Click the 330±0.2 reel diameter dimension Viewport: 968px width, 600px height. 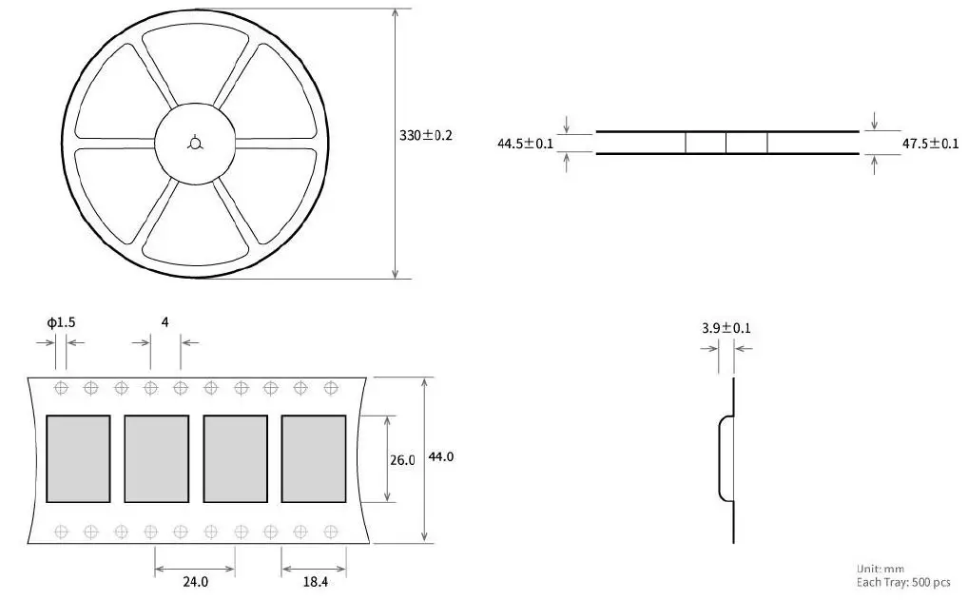425,135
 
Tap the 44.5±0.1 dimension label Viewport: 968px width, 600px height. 525,144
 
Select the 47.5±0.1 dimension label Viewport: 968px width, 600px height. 930,144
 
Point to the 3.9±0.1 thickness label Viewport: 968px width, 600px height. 726,328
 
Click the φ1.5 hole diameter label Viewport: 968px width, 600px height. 61,322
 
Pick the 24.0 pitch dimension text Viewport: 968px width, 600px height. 195,582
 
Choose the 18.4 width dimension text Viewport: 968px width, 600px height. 315,582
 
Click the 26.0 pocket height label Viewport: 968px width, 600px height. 402,460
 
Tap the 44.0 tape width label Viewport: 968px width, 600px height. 441,456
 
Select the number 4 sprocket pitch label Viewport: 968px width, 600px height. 165,321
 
